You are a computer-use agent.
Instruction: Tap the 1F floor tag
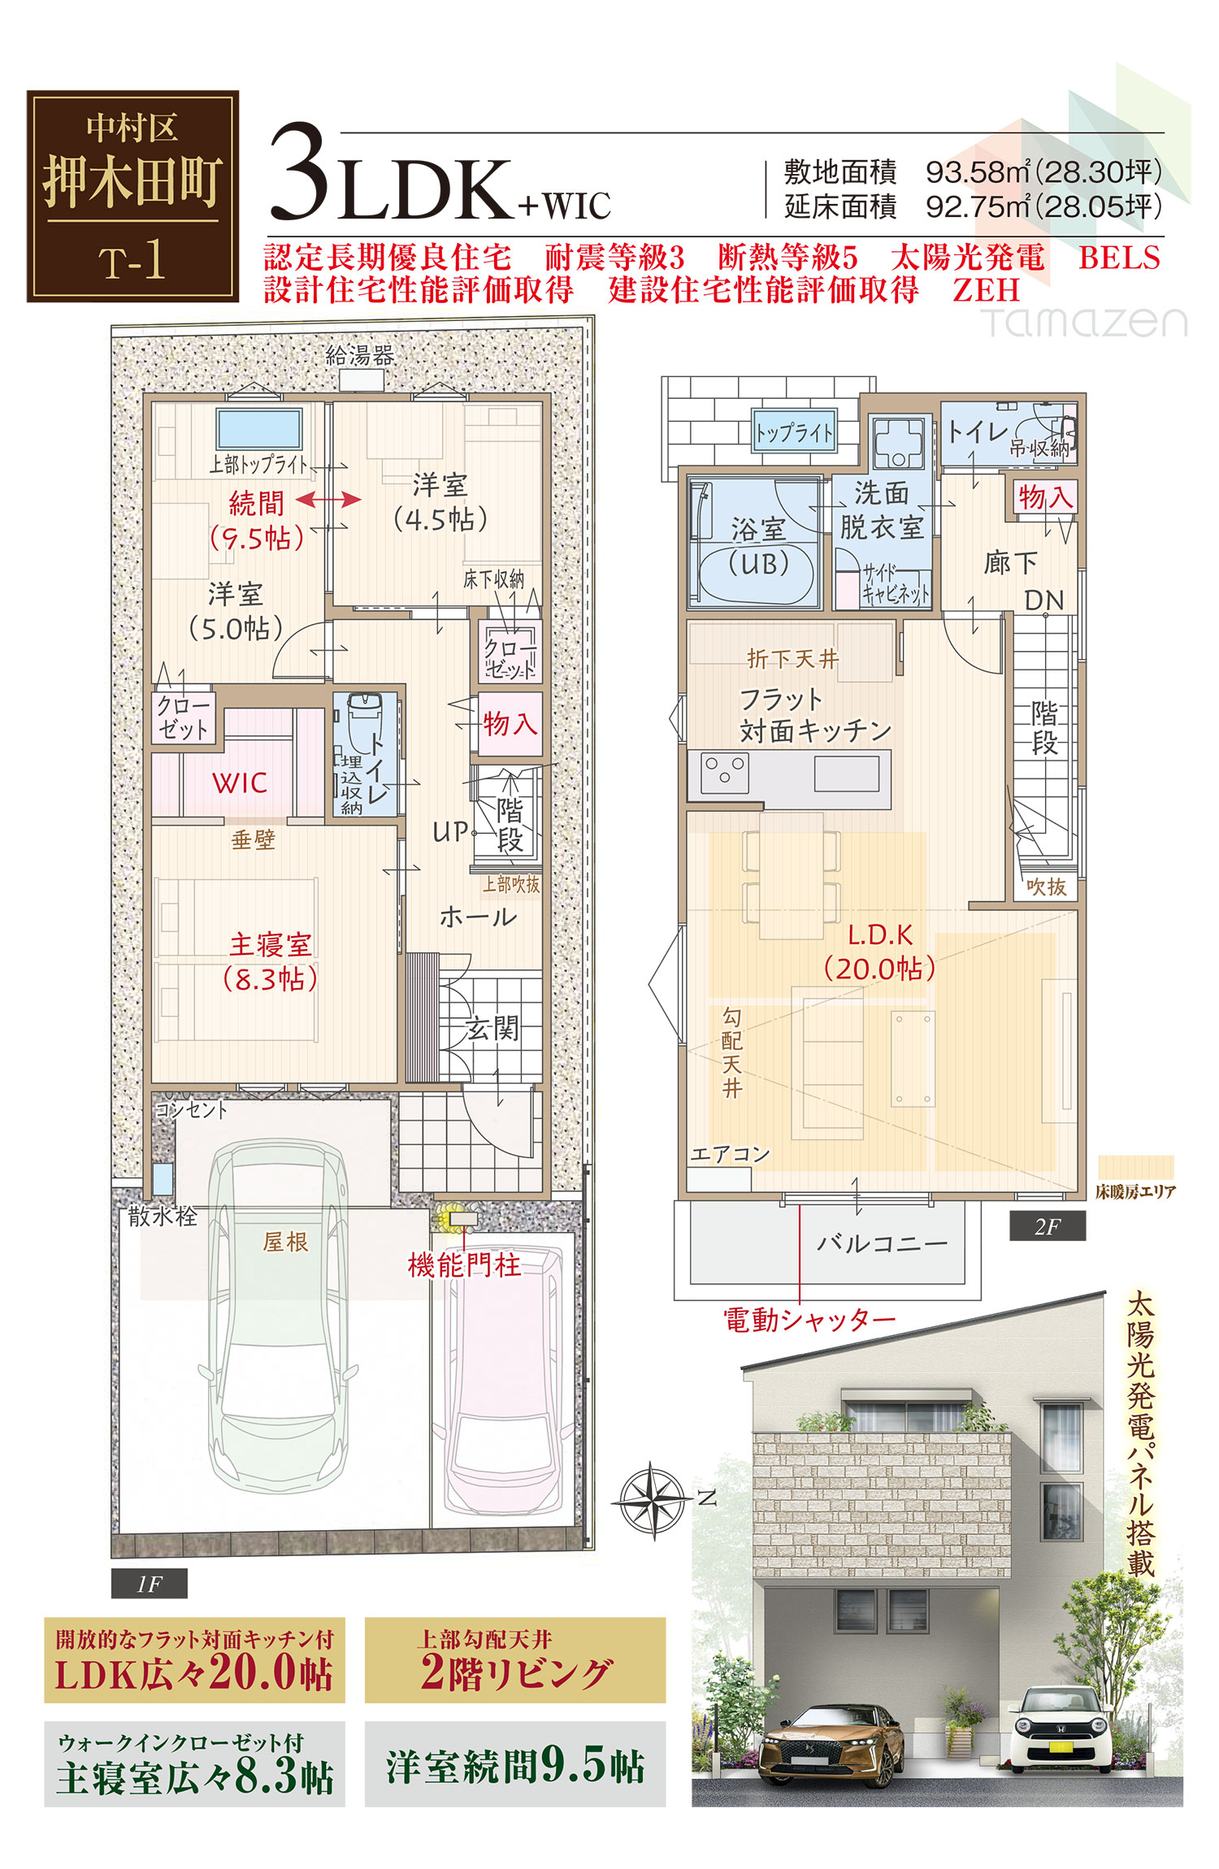coord(150,1583)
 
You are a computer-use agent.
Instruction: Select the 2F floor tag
coord(1048,1226)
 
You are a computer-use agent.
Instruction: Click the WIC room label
coord(240,783)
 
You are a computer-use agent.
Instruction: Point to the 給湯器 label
coord(360,355)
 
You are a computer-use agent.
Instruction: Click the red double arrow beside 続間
coord(328,500)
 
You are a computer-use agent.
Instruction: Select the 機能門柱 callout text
coord(464,1264)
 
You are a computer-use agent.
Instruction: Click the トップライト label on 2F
coord(794,432)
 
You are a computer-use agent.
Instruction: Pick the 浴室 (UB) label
coord(759,546)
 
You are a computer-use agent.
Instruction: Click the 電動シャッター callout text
coord(809,1320)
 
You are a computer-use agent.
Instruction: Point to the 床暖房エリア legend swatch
coord(1135,1168)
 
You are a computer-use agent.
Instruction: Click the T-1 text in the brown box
coord(132,262)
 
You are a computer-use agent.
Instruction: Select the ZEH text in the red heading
coord(986,290)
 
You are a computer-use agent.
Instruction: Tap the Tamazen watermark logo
coord(1084,322)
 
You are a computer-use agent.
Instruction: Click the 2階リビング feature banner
coord(515,1660)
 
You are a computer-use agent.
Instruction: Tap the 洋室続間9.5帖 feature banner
coord(515,1764)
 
